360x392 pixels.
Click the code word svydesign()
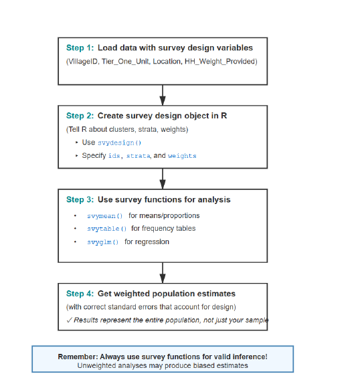pyautogui.click(x=120, y=143)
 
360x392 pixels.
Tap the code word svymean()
pyautogui.click(x=105, y=216)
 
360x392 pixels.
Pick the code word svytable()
pyautogui.click(x=106, y=229)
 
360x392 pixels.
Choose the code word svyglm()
pyautogui.click(x=102, y=242)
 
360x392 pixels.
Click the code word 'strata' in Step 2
pyautogui.click(x=139, y=156)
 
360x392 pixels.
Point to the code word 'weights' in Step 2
pyautogui.click(x=182, y=156)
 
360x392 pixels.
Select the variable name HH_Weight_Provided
pyautogui.click(x=220, y=62)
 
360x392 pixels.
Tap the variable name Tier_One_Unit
pyautogui.click(x=126, y=62)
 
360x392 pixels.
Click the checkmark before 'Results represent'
pyautogui.click(x=70, y=320)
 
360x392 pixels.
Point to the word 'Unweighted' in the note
pyautogui.click(x=96, y=366)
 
